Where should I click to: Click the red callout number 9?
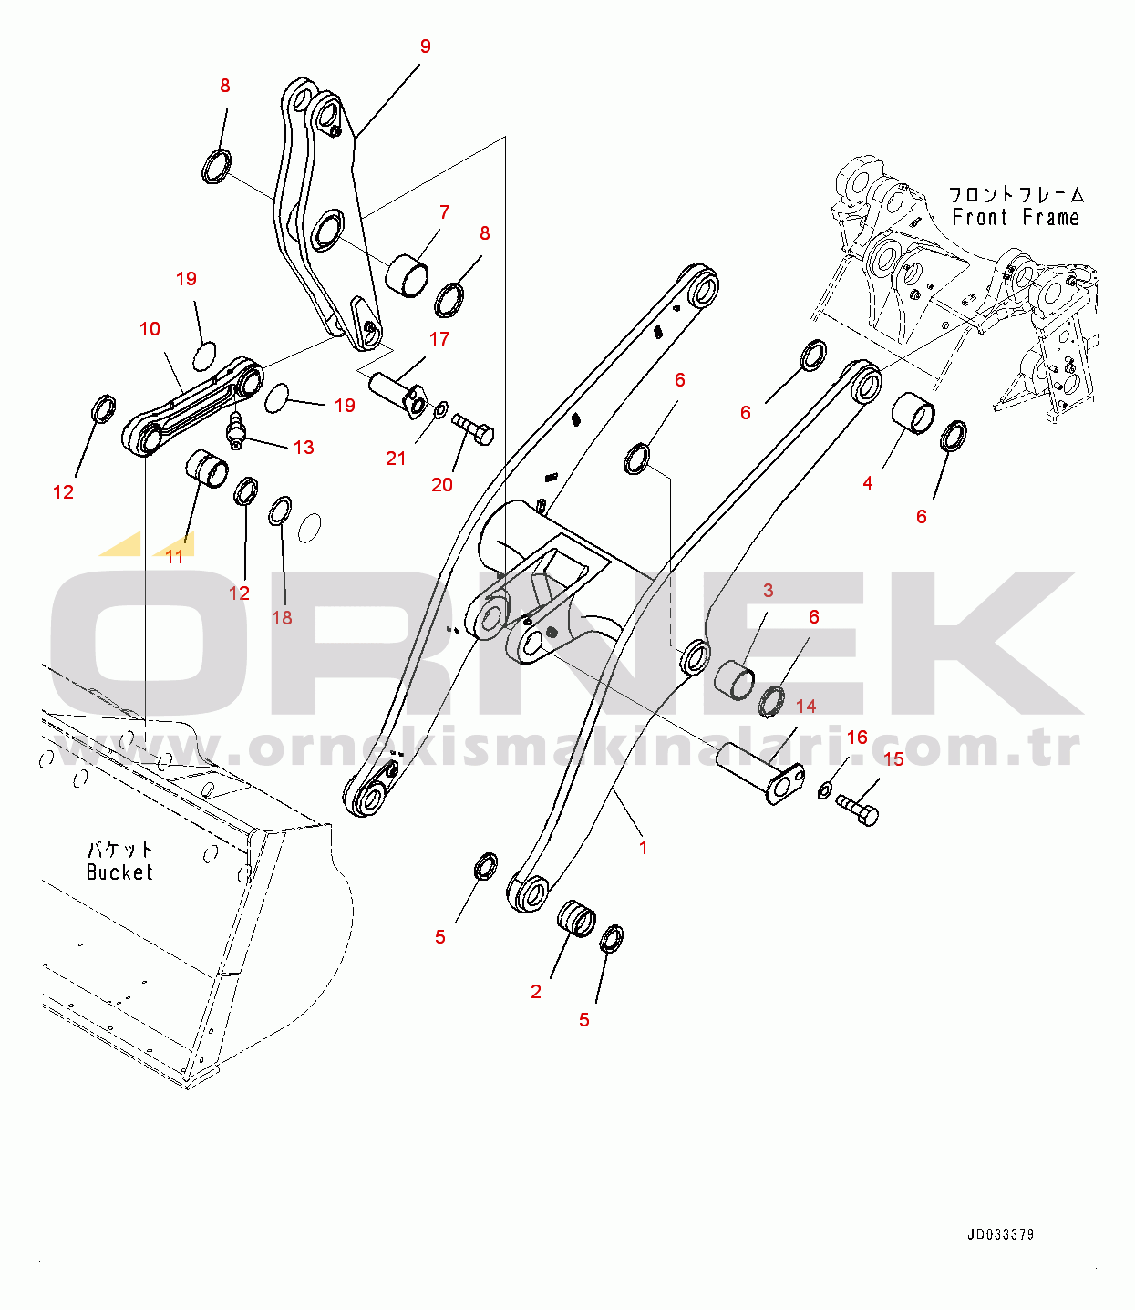[425, 46]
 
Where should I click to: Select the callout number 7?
[444, 212]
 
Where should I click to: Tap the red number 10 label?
[150, 329]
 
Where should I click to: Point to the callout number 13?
[304, 448]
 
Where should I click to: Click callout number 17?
[439, 339]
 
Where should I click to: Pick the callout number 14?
[806, 707]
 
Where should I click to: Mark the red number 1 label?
[643, 848]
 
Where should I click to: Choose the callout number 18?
[282, 618]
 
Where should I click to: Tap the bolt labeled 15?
[857, 810]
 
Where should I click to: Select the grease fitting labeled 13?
[237, 429]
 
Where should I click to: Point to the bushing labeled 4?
[913, 413]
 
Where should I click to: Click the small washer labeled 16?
[824, 789]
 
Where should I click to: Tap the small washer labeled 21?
[439, 411]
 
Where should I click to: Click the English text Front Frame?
[1016, 218]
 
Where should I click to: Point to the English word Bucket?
[119, 872]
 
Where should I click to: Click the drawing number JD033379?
[1000, 1235]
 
